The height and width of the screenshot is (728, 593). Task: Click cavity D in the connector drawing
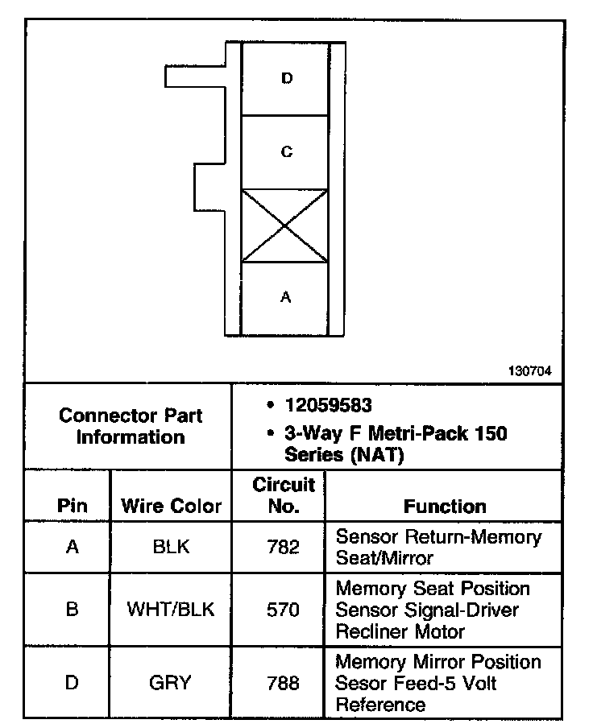pyautogui.click(x=286, y=78)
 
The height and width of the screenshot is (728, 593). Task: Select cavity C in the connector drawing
pyautogui.click(x=286, y=151)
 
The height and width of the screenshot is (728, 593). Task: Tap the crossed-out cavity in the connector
pyautogui.click(x=285, y=225)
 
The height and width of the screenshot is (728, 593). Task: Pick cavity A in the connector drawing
pyautogui.click(x=285, y=298)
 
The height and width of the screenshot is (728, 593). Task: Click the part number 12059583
pyautogui.click(x=328, y=404)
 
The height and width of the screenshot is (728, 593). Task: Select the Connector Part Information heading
pyautogui.click(x=131, y=427)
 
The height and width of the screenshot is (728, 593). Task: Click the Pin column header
pyautogui.click(x=72, y=507)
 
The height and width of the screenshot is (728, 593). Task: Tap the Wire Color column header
pyautogui.click(x=171, y=507)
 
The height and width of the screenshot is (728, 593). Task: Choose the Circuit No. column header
pyautogui.click(x=283, y=496)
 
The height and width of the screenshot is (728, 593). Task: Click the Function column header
pyautogui.click(x=445, y=507)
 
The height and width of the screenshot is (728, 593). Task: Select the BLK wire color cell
pyautogui.click(x=171, y=548)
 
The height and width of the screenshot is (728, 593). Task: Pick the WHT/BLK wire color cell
pyautogui.click(x=171, y=610)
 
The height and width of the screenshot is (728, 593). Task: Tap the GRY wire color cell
pyautogui.click(x=171, y=684)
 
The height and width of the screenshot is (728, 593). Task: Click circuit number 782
pyautogui.click(x=283, y=548)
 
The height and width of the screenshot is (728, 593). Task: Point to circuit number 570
pyautogui.click(x=283, y=610)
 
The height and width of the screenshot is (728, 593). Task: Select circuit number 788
pyautogui.click(x=283, y=684)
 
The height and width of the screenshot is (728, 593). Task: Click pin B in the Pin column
pyautogui.click(x=72, y=610)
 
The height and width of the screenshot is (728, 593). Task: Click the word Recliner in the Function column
pyautogui.click(x=367, y=631)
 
